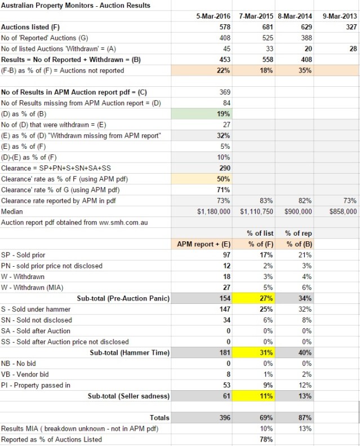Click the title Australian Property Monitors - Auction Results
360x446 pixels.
click(x=76, y=5)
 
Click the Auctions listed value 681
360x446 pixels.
click(x=265, y=27)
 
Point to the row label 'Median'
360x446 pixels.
click(x=12, y=211)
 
